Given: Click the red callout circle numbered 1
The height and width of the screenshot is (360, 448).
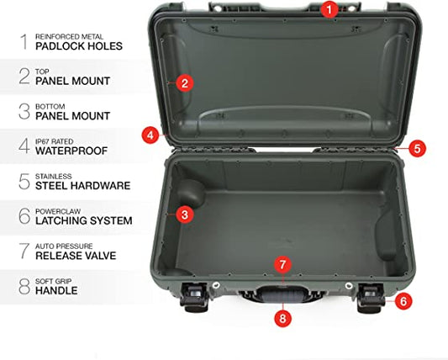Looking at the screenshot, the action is (329, 10).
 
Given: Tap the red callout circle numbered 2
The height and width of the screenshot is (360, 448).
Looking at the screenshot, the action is (185, 83).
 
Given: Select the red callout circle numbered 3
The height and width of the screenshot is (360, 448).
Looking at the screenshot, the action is (185, 214).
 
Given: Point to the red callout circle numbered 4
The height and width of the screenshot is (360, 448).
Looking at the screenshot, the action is (150, 135).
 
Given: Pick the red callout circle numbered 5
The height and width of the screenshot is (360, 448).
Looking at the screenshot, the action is (417, 148).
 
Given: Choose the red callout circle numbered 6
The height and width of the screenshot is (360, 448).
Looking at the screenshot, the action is (403, 301).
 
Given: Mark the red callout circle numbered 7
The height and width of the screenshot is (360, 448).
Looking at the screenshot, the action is (282, 264).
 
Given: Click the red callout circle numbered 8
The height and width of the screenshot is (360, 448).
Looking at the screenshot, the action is (282, 318).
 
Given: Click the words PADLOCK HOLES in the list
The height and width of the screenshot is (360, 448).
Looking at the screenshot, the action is (79, 46).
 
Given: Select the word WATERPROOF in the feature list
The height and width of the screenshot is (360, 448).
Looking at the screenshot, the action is (71, 151).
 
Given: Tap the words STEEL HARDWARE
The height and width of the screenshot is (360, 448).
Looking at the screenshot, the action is (83, 186).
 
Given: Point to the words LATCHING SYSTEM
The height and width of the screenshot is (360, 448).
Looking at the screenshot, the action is (84, 220).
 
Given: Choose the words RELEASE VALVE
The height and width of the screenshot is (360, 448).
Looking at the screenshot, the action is (76, 256).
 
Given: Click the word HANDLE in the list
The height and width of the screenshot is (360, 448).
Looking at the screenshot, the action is (56, 291).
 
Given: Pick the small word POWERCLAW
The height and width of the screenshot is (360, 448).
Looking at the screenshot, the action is (58, 211).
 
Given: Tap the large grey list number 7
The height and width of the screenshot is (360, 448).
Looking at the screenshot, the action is (24, 251).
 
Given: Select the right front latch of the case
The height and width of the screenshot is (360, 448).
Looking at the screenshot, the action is (372, 298).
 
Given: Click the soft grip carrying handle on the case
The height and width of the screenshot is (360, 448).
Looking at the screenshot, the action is (282, 294).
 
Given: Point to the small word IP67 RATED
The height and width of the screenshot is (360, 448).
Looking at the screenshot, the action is (55, 141).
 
